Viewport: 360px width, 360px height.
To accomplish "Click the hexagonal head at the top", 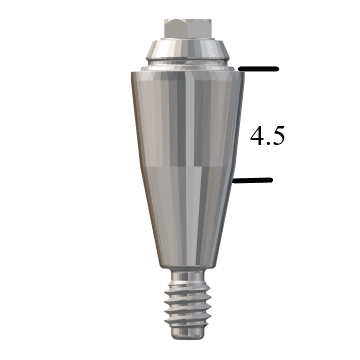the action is tap(188, 29).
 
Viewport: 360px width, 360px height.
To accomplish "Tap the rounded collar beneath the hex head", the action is tap(188, 49).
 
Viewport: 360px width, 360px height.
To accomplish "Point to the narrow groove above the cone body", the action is tap(188, 63).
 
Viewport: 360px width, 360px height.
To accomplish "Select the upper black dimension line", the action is tap(258, 69).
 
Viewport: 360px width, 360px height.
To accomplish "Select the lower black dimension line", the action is tap(252, 180).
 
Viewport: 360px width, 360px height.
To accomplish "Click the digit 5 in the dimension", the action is tap(278, 136).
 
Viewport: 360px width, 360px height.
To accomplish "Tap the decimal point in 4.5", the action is tap(268, 143).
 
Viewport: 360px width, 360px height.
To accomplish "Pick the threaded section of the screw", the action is tap(188, 304).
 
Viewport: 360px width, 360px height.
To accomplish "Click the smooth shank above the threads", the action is tap(188, 275).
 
